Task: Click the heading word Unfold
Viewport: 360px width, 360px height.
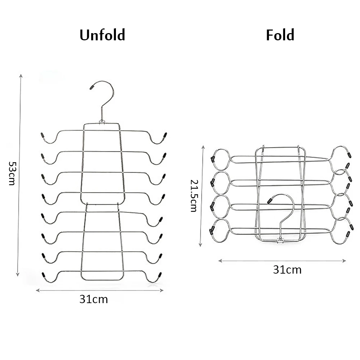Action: click(x=102, y=35)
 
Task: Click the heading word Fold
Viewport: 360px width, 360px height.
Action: click(x=280, y=35)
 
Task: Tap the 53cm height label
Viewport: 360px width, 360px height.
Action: click(x=12, y=173)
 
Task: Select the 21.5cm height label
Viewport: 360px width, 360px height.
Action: click(x=194, y=196)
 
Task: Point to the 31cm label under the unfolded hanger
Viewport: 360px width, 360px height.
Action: click(x=94, y=299)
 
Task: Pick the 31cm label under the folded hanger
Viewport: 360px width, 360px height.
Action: click(x=287, y=270)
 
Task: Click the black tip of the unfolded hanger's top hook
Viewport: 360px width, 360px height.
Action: click(x=92, y=87)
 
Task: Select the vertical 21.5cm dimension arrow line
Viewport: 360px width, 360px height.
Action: click(x=203, y=196)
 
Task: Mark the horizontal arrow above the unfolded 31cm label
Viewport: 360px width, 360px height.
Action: click(x=100, y=290)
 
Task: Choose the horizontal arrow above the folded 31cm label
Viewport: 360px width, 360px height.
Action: click(x=282, y=261)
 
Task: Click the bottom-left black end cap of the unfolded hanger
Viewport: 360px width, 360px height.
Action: click(x=44, y=276)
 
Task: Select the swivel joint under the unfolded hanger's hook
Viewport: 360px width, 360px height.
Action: click(x=102, y=123)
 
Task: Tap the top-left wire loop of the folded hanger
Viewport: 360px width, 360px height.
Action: click(x=220, y=158)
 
